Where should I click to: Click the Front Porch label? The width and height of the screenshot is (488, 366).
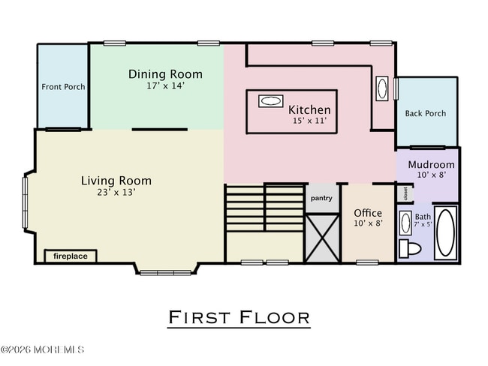coord(63,87)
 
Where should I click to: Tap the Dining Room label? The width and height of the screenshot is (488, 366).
coord(165,73)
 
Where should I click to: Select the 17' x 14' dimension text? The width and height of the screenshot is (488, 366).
coord(165,86)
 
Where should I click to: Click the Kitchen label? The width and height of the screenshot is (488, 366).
coord(309,109)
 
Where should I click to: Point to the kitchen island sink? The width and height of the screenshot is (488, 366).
coord(270,100)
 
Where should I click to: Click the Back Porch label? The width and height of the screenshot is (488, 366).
coord(425,114)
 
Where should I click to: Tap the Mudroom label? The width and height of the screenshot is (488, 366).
coord(431,164)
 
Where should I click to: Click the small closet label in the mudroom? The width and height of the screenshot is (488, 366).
coord(406,193)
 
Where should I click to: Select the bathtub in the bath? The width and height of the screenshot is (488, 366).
coord(445,233)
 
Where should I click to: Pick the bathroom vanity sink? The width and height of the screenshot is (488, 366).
coord(405,223)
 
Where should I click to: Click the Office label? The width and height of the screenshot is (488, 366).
coord(368,213)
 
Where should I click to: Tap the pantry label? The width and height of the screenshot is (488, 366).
coord(321,199)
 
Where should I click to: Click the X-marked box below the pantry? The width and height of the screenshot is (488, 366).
coord(321,237)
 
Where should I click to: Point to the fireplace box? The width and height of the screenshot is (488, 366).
coord(70,256)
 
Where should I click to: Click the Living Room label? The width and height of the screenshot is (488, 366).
coord(116,181)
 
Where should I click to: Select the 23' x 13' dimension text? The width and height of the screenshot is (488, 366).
coord(116,193)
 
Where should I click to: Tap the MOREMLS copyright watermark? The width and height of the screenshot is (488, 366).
coord(43,350)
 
